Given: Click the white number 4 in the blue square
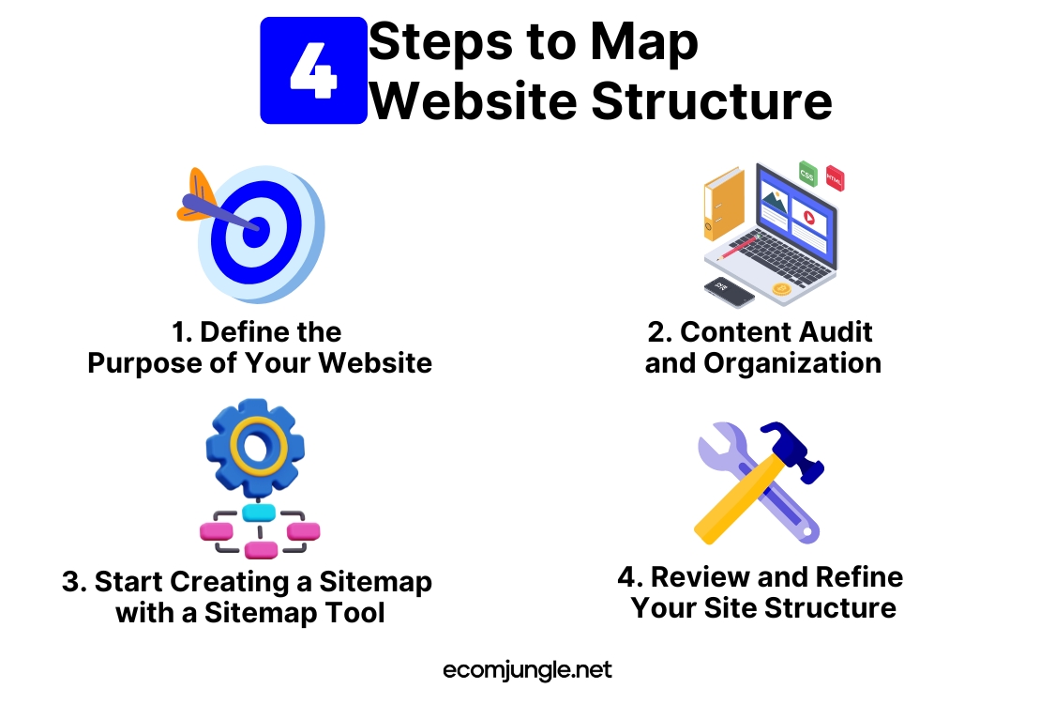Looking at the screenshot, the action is coord(313,70).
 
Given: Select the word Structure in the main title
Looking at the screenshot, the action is coord(712,101).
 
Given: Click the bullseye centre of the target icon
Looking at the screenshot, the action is coord(255,229).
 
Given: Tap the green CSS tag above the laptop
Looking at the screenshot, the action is coord(807,175).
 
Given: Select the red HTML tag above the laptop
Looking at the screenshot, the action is coord(835,178).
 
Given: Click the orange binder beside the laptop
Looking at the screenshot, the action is coord(724,204).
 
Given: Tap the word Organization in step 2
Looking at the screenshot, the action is coord(791,364).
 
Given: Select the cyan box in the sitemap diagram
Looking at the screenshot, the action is coord(259,513).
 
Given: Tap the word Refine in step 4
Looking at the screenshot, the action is coord(859,577).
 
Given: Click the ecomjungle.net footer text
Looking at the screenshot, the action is coord(527,670).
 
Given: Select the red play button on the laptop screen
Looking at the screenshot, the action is coord(809,218).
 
